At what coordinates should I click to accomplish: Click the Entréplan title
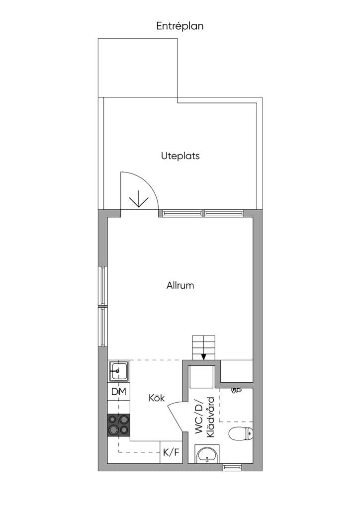(180, 26)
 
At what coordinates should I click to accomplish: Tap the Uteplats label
(180, 156)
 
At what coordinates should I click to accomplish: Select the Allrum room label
(180, 285)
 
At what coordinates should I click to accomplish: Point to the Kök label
(157, 398)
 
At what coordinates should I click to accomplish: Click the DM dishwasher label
(118, 392)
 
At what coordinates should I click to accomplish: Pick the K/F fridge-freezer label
(171, 452)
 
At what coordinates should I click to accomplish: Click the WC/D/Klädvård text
(205, 417)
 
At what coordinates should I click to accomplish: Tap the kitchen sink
(119, 371)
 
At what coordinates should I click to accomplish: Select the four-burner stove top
(119, 424)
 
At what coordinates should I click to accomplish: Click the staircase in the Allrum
(203, 347)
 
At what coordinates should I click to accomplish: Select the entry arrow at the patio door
(139, 199)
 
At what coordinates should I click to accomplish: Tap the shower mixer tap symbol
(237, 390)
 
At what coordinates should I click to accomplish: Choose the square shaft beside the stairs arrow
(201, 377)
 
